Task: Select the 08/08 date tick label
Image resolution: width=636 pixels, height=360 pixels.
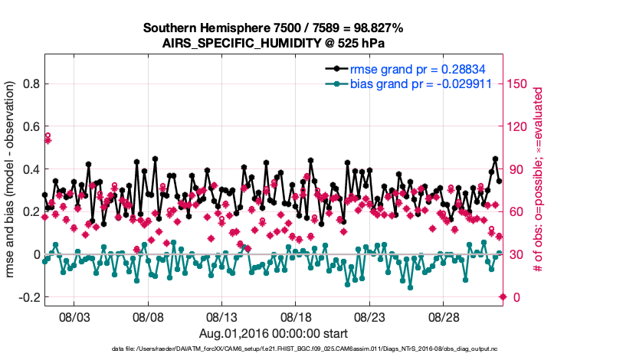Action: point(149,316)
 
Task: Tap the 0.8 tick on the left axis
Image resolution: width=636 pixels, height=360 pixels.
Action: point(31,83)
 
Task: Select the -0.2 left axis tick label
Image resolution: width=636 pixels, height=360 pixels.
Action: point(28,297)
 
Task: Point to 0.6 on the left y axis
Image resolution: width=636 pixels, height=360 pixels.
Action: point(31,126)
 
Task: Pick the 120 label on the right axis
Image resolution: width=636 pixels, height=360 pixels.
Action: point(519,126)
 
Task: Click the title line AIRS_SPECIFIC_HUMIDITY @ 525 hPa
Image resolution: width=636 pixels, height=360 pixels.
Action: point(274,43)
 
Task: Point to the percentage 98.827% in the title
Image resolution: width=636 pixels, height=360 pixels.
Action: point(376,28)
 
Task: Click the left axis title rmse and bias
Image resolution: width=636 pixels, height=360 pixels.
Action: point(11,179)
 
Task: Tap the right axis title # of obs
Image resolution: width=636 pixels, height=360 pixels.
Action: point(539,179)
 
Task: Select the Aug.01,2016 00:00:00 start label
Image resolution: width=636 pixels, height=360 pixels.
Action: point(274,333)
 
